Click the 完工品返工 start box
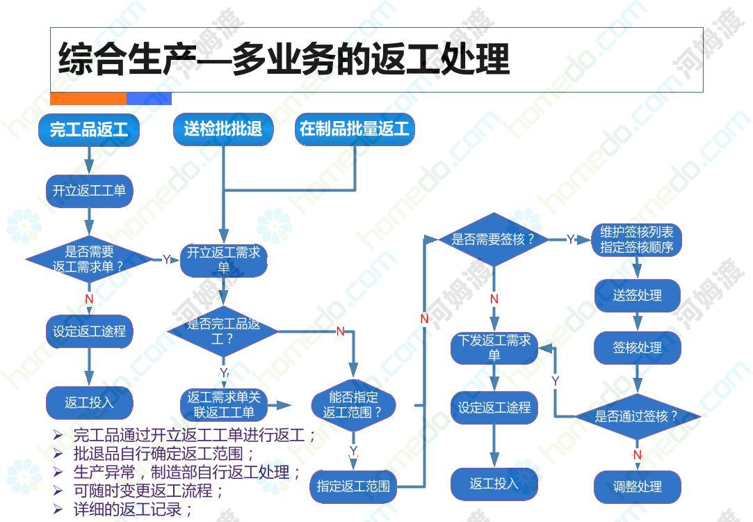pos(89,129)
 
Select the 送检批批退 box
pos(222,129)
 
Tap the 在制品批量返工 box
pos(355,129)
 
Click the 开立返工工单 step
pos(89,191)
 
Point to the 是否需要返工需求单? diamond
pos(89,259)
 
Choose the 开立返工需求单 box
pos(223,260)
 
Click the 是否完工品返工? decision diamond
pos(222,331)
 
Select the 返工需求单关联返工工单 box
pos(223,404)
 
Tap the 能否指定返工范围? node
pos(353,404)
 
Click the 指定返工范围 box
pos(353,487)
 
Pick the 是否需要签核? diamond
pos(493,239)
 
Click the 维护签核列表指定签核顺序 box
pos(637,239)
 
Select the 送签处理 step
pos(638,295)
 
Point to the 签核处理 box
pos(638,347)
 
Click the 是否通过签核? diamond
pos(637,416)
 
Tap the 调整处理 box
pos(638,487)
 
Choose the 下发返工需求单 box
pos(494,347)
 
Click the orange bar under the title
pos(88,99)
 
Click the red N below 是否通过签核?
pos(638,454)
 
